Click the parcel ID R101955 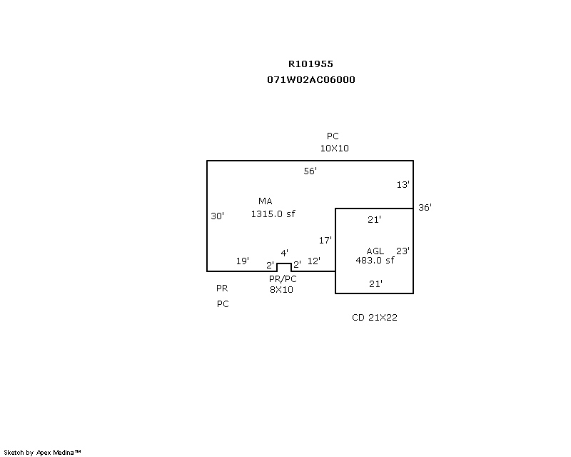pyautogui.click(x=310, y=64)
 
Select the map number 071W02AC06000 pyautogui.click(x=310, y=80)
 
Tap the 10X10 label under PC pyautogui.click(x=334, y=149)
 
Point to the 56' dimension pyautogui.click(x=310, y=171)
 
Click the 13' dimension pyautogui.click(x=403, y=185)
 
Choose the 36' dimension pyautogui.click(x=425, y=208)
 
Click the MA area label pyautogui.click(x=266, y=201)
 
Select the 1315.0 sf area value pyautogui.click(x=273, y=214)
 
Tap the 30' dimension pyautogui.click(x=218, y=216)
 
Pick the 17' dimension pyautogui.click(x=325, y=241)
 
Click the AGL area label pyautogui.click(x=375, y=251)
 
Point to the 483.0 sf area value pyautogui.click(x=375, y=261)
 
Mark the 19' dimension pyautogui.click(x=243, y=261)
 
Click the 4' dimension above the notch pyautogui.click(x=284, y=253)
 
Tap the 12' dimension pyautogui.click(x=314, y=261)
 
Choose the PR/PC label pyautogui.click(x=283, y=279)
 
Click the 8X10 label pyautogui.click(x=281, y=290)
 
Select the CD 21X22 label pyautogui.click(x=375, y=318)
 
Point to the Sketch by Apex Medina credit pyautogui.click(x=43, y=452)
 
